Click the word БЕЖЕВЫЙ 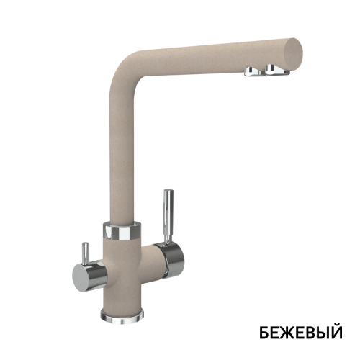pos(301,332)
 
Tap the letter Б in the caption pos(264,333)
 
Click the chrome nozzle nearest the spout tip pos(276,69)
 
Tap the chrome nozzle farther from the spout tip pos(254,71)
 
